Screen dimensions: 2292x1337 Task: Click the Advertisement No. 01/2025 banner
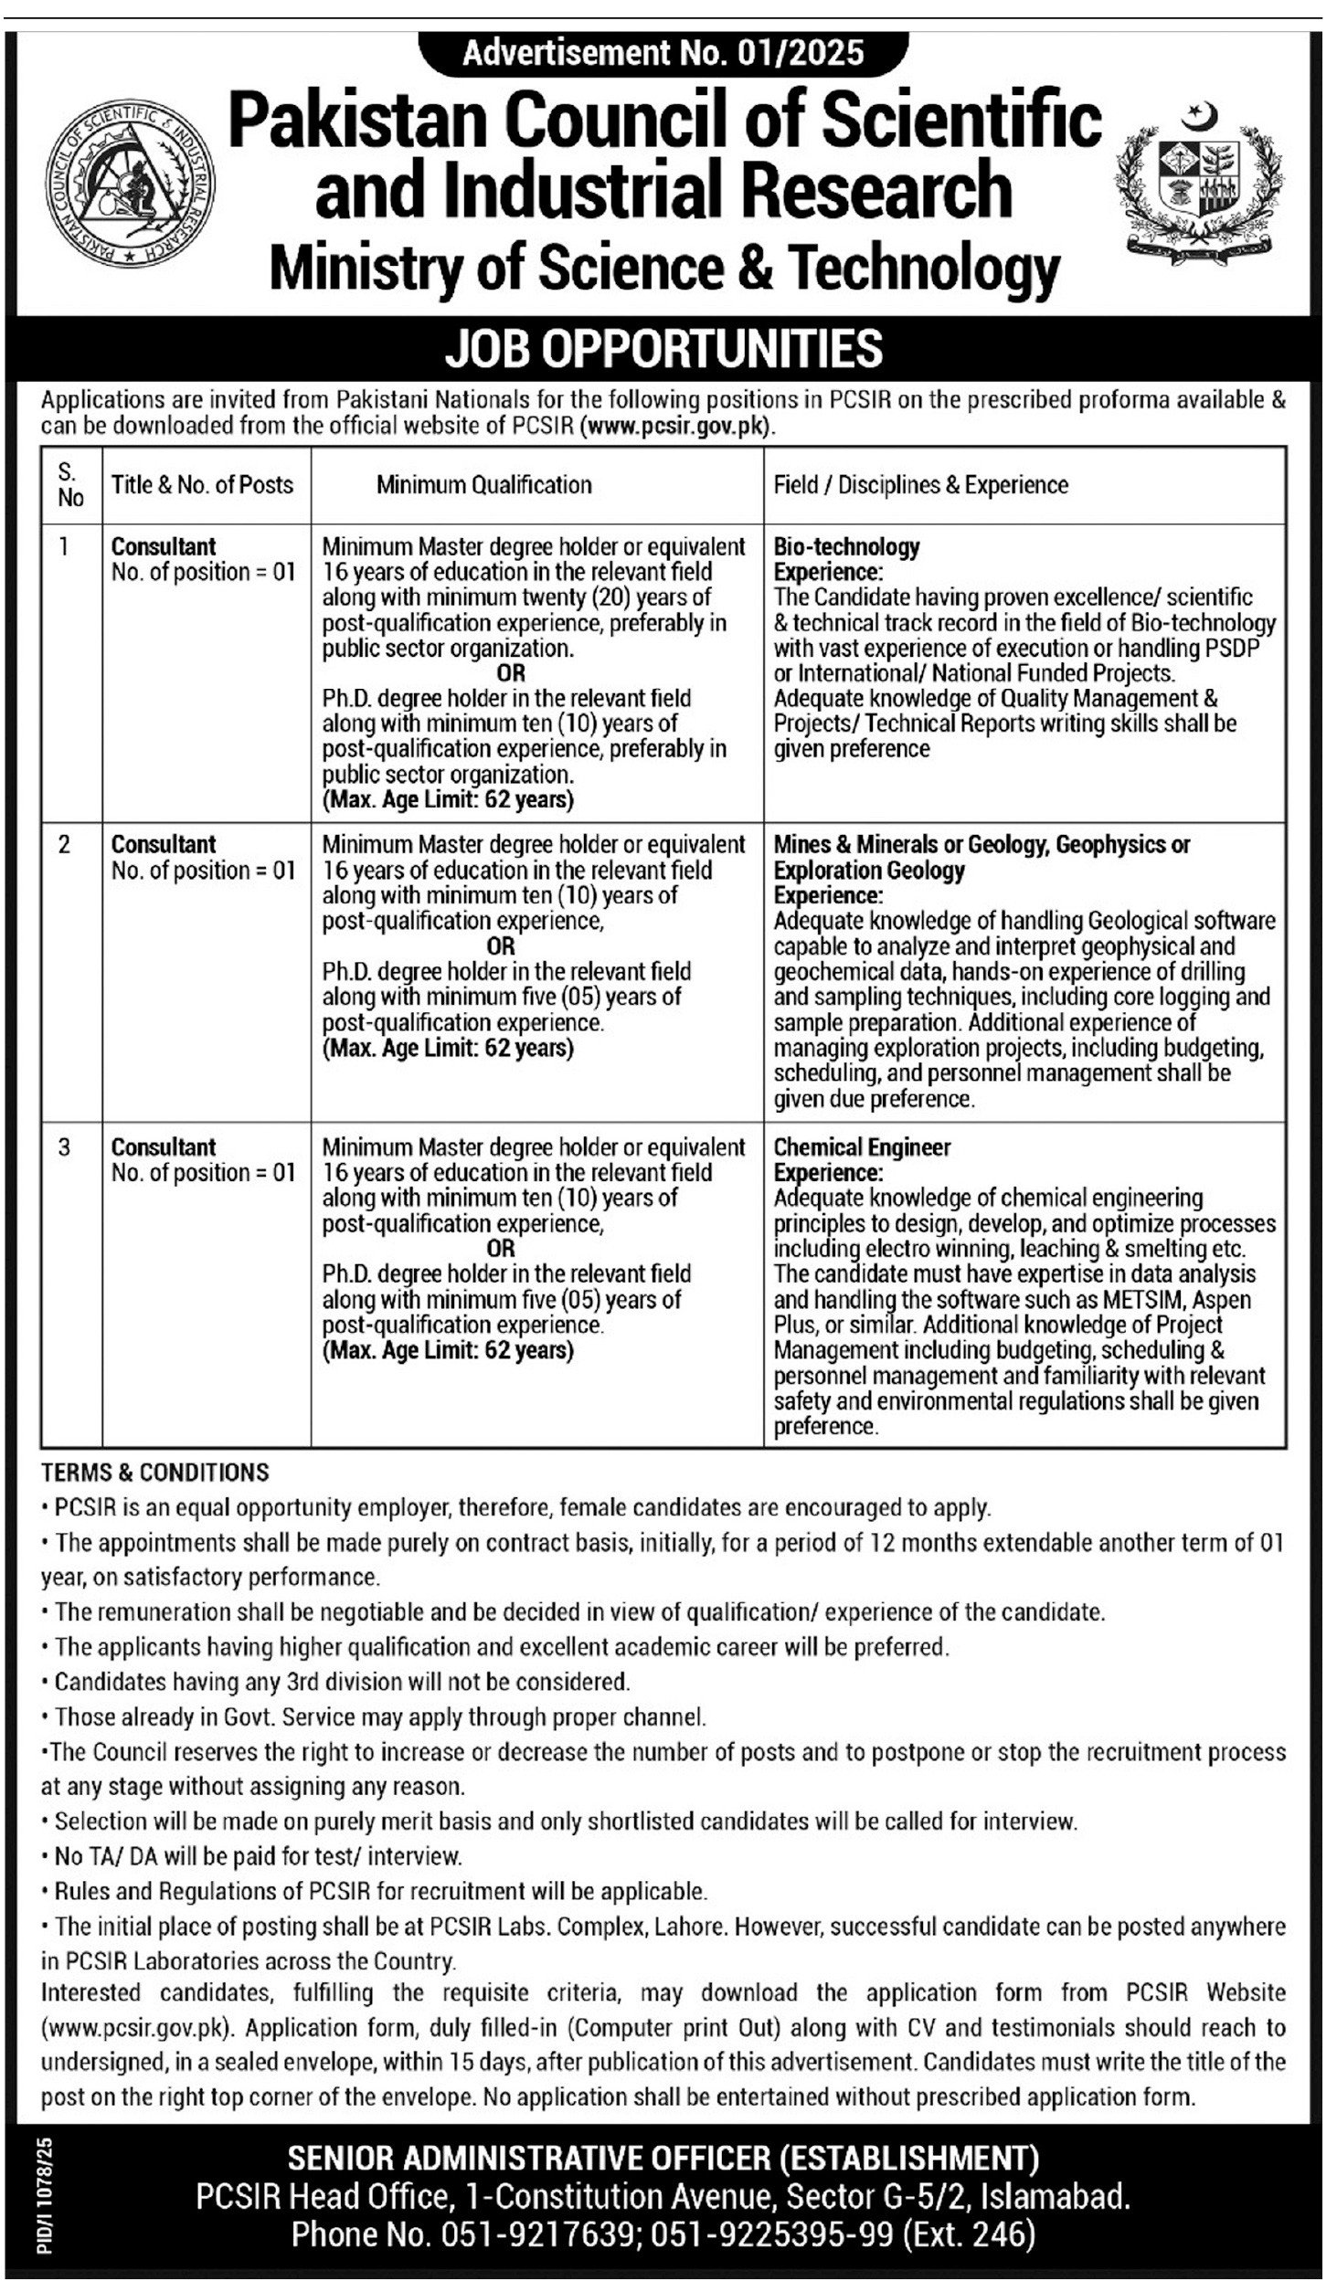click(663, 54)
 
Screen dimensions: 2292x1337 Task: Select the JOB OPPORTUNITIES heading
click(663, 349)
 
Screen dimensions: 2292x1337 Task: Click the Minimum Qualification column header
click(483, 484)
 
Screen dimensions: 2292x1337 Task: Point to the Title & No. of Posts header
click(202, 484)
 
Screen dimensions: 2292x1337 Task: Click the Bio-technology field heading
click(846, 546)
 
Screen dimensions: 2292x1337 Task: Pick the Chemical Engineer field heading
click(862, 1147)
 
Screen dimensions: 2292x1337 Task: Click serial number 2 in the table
click(64, 845)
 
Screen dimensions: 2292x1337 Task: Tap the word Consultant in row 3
click(164, 1147)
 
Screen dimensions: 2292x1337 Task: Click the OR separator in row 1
click(512, 673)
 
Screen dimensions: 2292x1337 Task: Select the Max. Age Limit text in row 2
click(448, 1048)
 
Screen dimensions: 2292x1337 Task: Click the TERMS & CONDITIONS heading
click(155, 1472)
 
